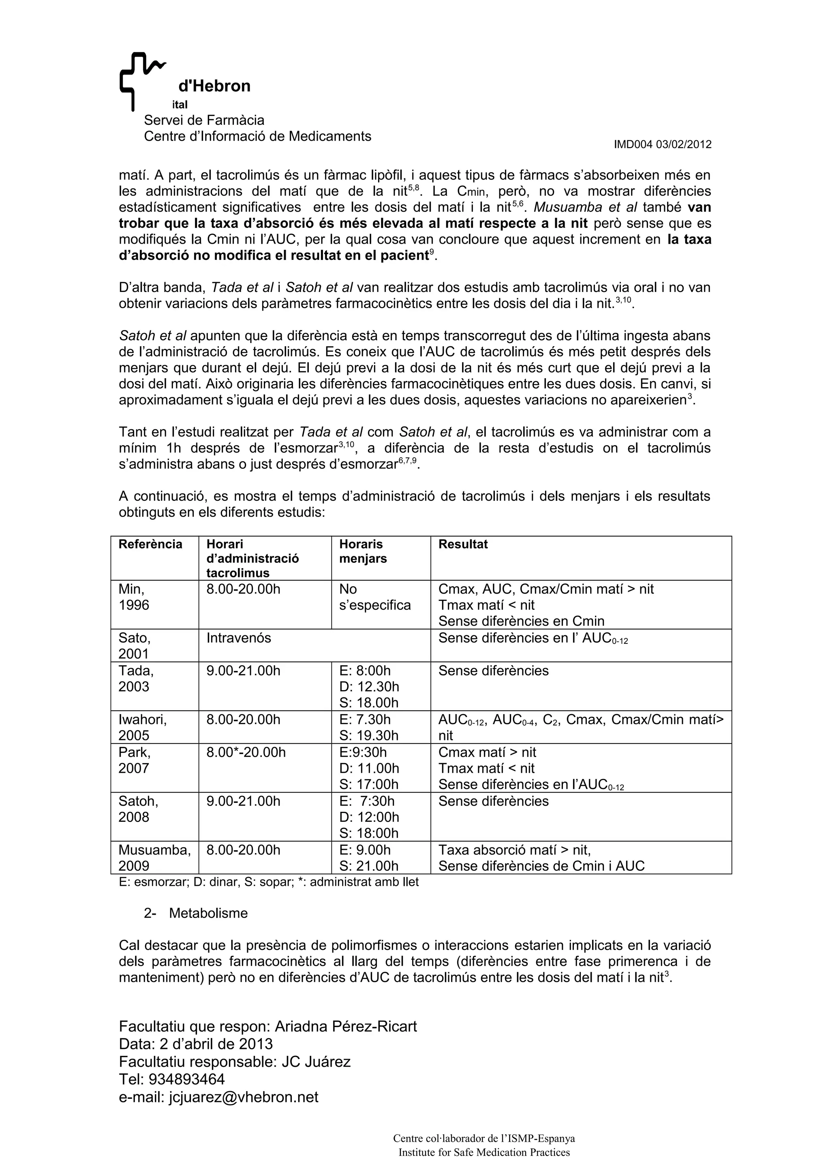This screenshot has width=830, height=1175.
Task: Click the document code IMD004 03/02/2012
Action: click(x=662, y=145)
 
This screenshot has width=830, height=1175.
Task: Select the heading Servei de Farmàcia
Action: click(x=204, y=120)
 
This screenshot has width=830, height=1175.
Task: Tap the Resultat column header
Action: click(x=463, y=544)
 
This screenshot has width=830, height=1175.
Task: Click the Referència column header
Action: click(x=150, y=544)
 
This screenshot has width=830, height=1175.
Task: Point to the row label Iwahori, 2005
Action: click(x=143, y=727)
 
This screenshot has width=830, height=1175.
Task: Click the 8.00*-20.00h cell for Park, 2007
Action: click(x=246, y=752)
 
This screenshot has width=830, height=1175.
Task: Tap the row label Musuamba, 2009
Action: click(x=154, y=858)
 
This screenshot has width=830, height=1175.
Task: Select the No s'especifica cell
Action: click(x=375, y=597)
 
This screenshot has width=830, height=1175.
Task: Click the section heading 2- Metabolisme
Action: click(x=196, y=913)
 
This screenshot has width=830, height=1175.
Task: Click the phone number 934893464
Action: click(x=187, y=1079)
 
